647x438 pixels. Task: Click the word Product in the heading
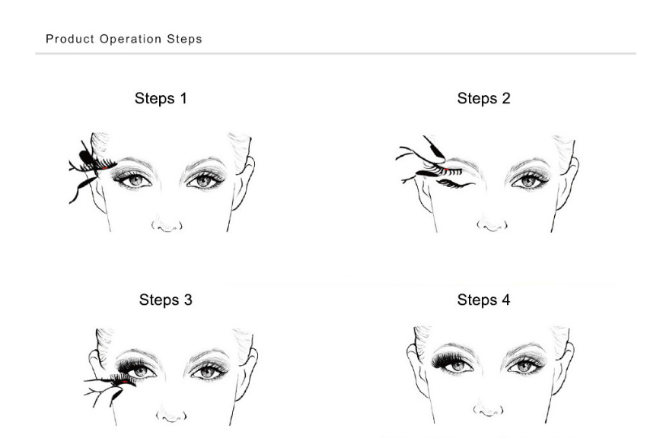[x=70, y=39]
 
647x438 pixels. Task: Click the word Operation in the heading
[x=130, y=39]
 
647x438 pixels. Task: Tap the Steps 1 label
[x=161, y=99]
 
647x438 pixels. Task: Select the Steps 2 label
[x=483, y=99]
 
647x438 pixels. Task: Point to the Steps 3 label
[x=165, y=300]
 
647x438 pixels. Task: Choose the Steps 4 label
[x=483, y=300]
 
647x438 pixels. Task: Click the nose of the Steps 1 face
[x=167, y=224]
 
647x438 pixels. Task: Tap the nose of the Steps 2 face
[x=492, y=224]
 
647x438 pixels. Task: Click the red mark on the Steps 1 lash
[x=105, y=168]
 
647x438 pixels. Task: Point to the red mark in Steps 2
[x=446, y=169]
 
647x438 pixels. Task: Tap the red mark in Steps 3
[x=125, y=382]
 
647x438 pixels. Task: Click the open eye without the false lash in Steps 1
[x=205, y=179]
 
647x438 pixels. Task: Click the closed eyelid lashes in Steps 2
[x=454, y=183]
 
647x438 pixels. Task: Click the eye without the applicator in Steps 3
[x=209, y=371]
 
